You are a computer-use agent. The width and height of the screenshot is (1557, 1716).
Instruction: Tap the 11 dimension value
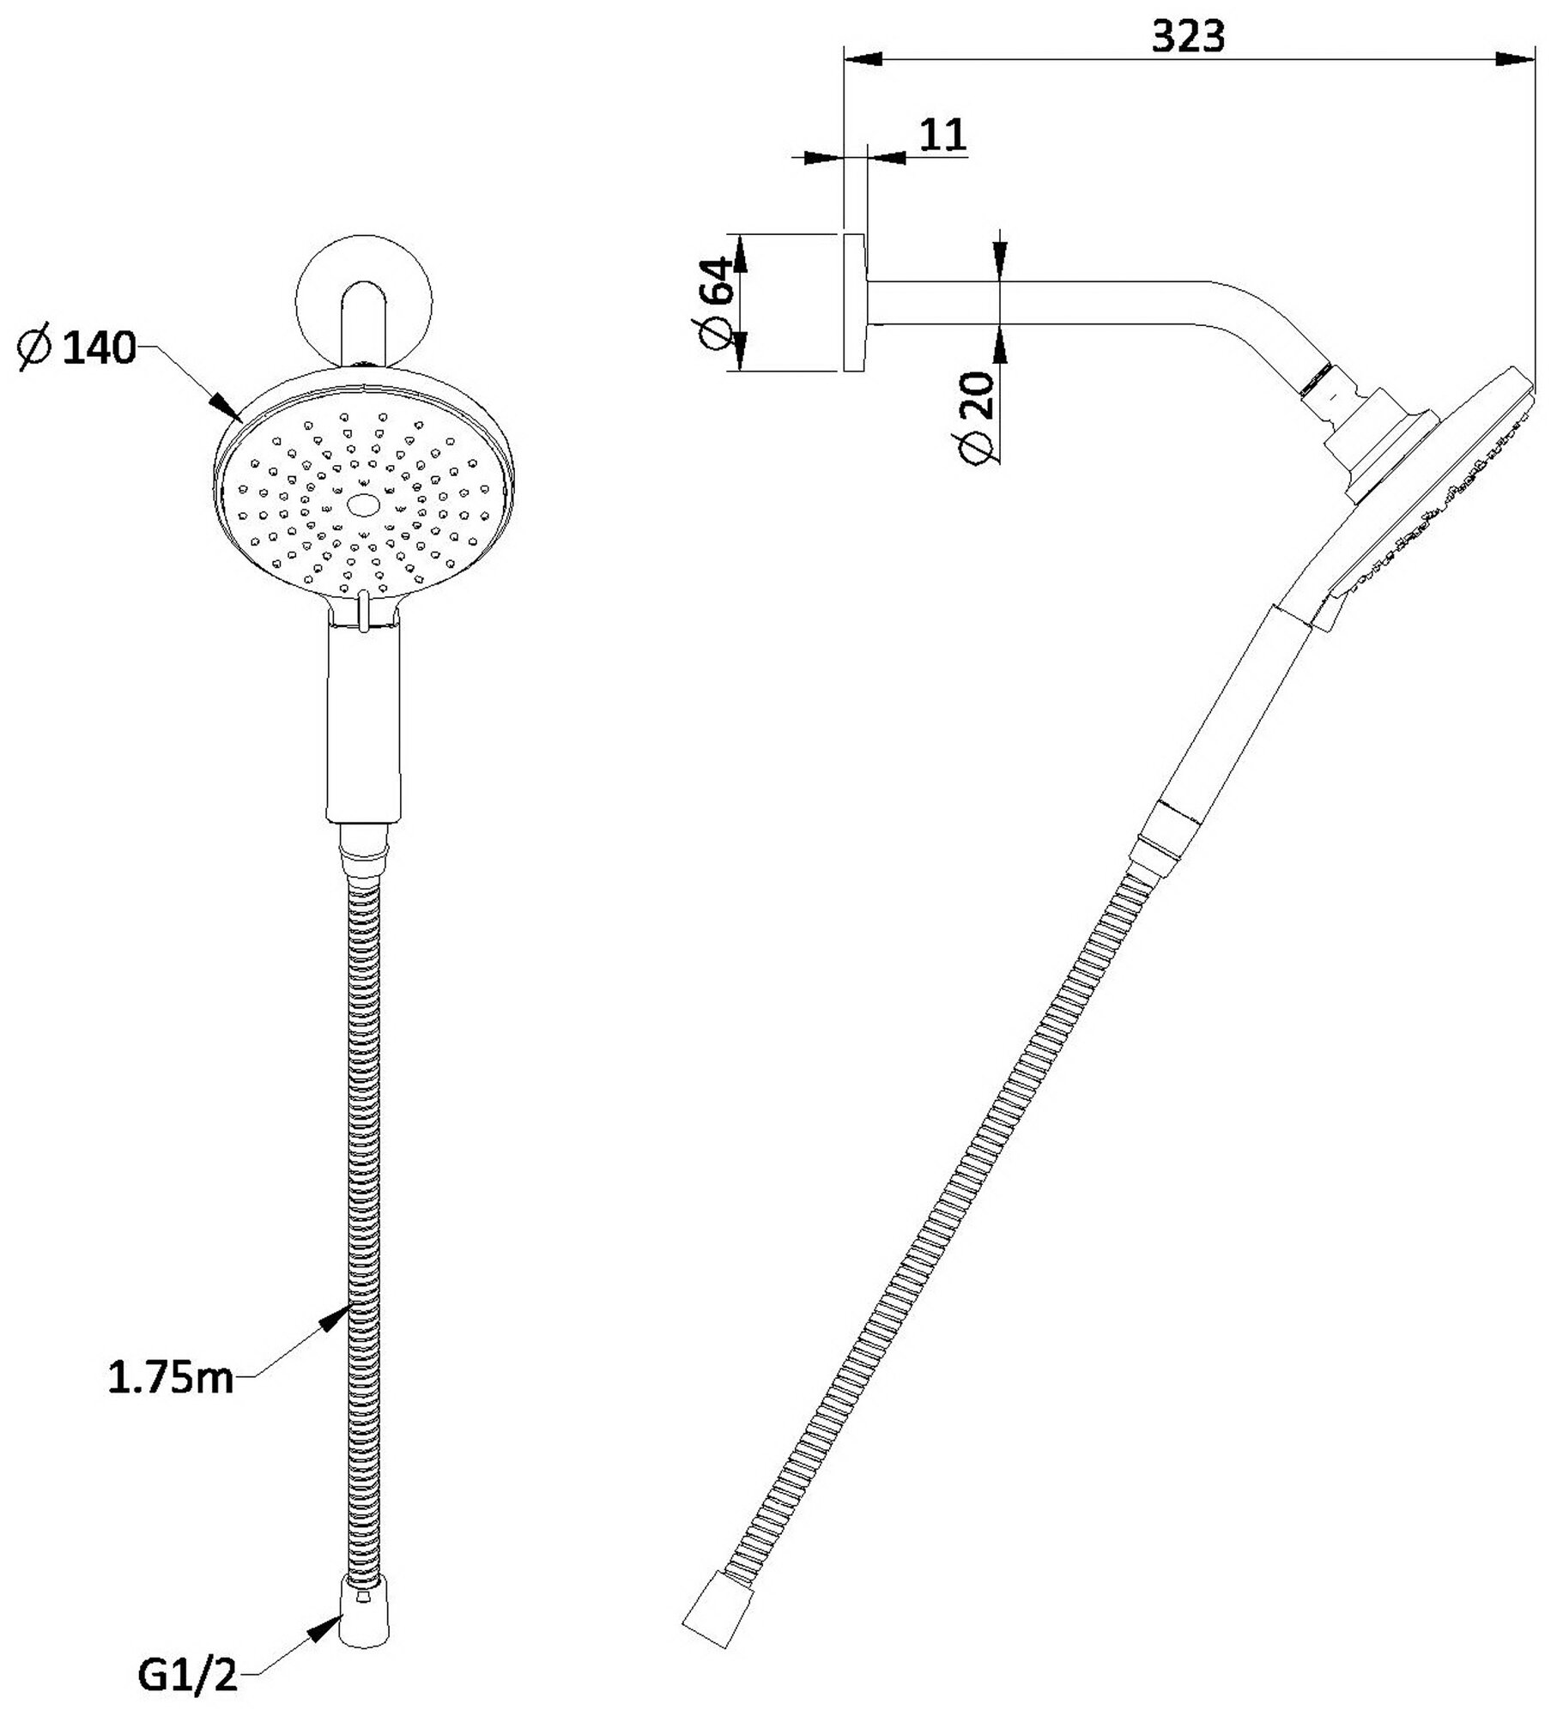943,135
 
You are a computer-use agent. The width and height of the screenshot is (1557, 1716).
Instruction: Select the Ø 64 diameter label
718,302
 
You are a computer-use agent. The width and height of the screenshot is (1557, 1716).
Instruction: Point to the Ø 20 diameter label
976,418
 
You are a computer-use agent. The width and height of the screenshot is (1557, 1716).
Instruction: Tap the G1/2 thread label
187,1670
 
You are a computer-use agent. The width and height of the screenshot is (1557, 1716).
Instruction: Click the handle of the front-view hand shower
364,722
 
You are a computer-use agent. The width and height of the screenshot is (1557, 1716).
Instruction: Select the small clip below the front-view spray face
364,611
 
